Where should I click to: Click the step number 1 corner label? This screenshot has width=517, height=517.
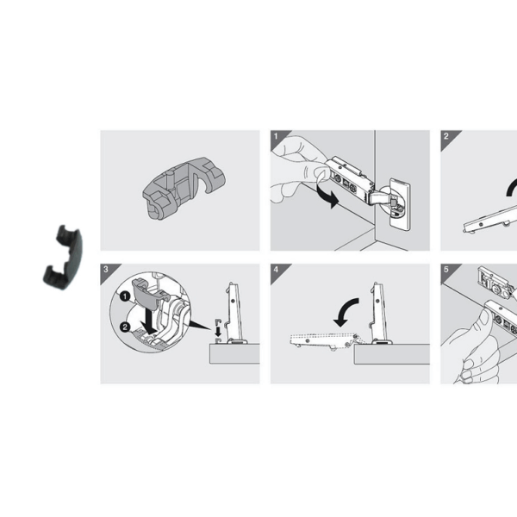(276, 136)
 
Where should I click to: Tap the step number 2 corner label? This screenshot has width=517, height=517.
(446, 136)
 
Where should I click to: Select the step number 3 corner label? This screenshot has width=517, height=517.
(105, 269)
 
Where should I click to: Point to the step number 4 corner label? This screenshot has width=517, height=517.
(276, 269)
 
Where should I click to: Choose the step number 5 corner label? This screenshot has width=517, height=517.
(446, 269)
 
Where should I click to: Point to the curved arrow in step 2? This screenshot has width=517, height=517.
(510, 188)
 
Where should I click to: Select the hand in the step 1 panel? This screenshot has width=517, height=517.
(297, 164)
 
